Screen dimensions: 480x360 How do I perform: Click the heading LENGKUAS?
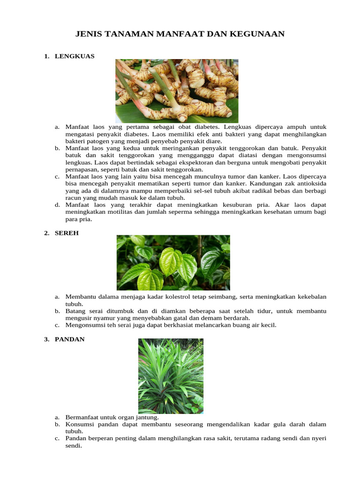(75, 56)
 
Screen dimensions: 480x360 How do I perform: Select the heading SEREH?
(67, 233)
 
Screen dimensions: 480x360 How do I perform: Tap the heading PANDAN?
(69, 339)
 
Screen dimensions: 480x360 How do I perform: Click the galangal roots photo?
(177, 90)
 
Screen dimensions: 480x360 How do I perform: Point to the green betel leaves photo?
(173, 262)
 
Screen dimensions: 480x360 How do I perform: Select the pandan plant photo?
(171, 376)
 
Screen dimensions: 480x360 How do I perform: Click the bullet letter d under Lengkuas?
(57, 205)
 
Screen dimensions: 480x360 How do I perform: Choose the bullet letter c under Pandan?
(57, 438)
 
